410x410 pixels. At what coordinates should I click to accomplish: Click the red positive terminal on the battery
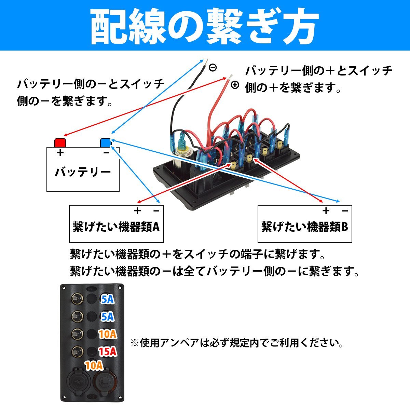click(x=60, y=142)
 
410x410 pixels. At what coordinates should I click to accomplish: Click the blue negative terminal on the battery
click(x=106, y=142)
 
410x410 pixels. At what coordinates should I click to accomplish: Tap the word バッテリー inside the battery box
click(x=83, y=172)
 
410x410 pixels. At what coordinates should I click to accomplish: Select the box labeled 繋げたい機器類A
click(x=116, y=224)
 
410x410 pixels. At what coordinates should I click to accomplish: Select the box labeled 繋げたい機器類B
click(x=304, y=224)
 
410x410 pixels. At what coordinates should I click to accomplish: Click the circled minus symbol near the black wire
click(x=213, y=67)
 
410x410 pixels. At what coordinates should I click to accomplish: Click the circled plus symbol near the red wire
click(x=235, y=85)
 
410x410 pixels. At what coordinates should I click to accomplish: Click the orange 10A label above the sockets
click(x=94, y=366)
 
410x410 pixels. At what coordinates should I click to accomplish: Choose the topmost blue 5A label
click(x=107, y=299)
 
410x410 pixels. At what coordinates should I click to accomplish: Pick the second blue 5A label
click(x=107, y=317)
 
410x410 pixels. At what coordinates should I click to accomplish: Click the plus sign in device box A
click(x=137, y=211)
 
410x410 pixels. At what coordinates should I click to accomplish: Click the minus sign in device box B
click(x=345, y=211)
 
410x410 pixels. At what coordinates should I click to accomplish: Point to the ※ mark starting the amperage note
click(x=135, y=343)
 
